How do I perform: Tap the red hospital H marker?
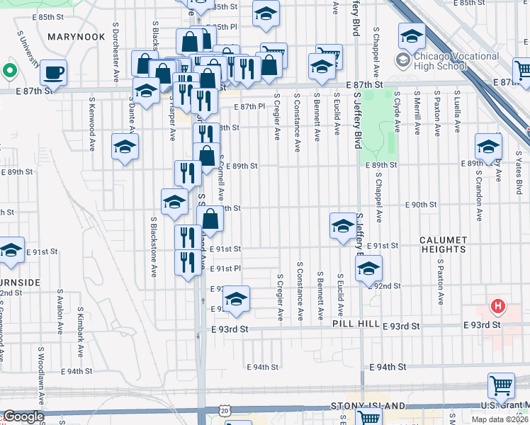(x=499, y=307)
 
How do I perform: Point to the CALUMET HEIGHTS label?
(x=443, y=244)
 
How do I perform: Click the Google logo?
(x=23, y=417)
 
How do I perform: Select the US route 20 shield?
(x=225, y=410)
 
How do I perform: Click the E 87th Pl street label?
(x=249, y=106)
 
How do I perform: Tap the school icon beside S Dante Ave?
(x=125, y=147)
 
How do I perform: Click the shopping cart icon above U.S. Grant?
(x=501, y=386)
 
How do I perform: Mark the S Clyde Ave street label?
(x=398, y=112)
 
